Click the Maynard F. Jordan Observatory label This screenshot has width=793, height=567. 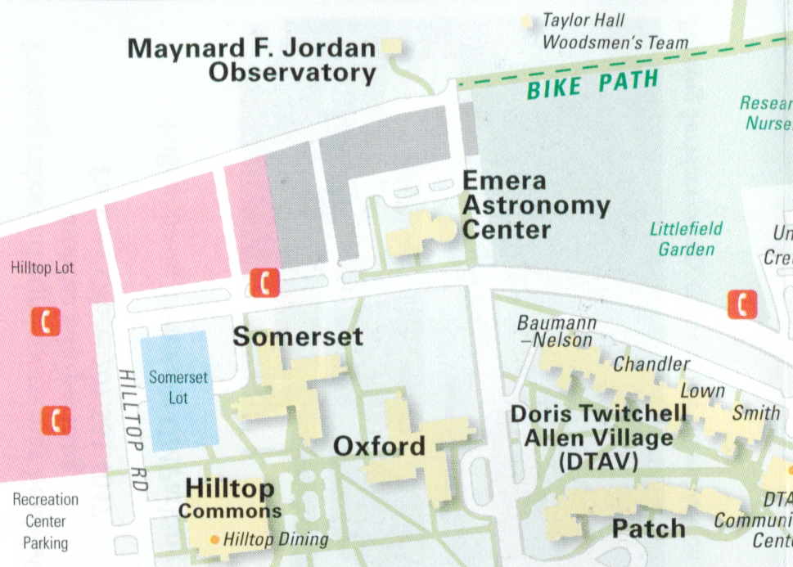252,61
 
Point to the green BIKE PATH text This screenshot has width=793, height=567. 592,83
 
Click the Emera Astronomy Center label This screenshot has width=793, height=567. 536,205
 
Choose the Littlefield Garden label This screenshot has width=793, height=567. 686,239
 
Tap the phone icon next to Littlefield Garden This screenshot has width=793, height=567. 742,304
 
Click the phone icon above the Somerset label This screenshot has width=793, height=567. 265,283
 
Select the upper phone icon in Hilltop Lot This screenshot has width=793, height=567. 45,322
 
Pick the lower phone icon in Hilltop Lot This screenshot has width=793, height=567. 56,420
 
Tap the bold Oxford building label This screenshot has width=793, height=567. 379,447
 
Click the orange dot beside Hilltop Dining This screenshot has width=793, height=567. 214,539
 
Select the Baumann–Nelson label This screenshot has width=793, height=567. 556,331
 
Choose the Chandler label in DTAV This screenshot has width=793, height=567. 651,363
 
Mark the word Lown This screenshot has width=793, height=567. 702,391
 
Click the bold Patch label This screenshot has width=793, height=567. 648,529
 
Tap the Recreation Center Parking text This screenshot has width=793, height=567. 45,521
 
